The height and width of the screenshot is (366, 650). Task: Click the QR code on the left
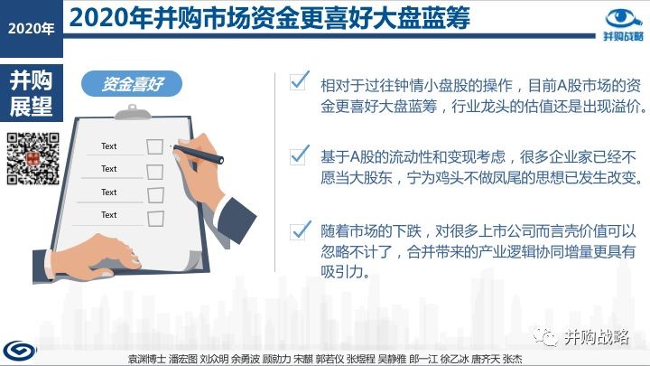tap(33, 158)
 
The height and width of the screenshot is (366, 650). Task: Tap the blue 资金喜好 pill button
tap(132, 84)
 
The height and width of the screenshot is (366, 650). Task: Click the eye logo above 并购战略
tap(624, 19)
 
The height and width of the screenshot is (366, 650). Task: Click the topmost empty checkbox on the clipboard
tap(154, 146)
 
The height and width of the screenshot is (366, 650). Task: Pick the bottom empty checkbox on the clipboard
tap(155, 219)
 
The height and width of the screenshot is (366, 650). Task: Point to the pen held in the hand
tap(198, 154)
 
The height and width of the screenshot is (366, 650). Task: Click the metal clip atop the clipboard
tap(132, 112)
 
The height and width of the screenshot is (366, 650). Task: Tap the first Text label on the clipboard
tap(109, 146)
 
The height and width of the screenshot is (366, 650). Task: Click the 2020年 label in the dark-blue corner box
tap(31, 28)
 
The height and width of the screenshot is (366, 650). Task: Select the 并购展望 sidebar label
tap(31, 94)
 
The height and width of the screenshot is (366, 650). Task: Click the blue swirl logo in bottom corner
tap(20, 351)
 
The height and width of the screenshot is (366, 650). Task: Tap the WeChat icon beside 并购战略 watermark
tap(545, 336)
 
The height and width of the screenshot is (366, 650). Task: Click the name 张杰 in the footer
tap(512, 359)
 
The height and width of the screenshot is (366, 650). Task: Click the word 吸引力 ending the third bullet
tap(344, 272)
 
